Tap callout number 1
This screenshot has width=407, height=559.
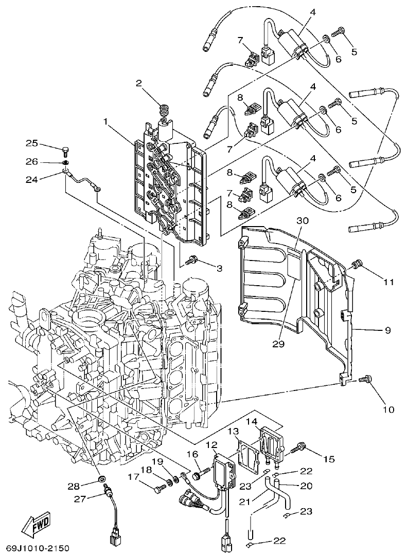[x=105, y=122]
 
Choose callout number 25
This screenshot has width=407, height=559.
[x=32, y=142]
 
